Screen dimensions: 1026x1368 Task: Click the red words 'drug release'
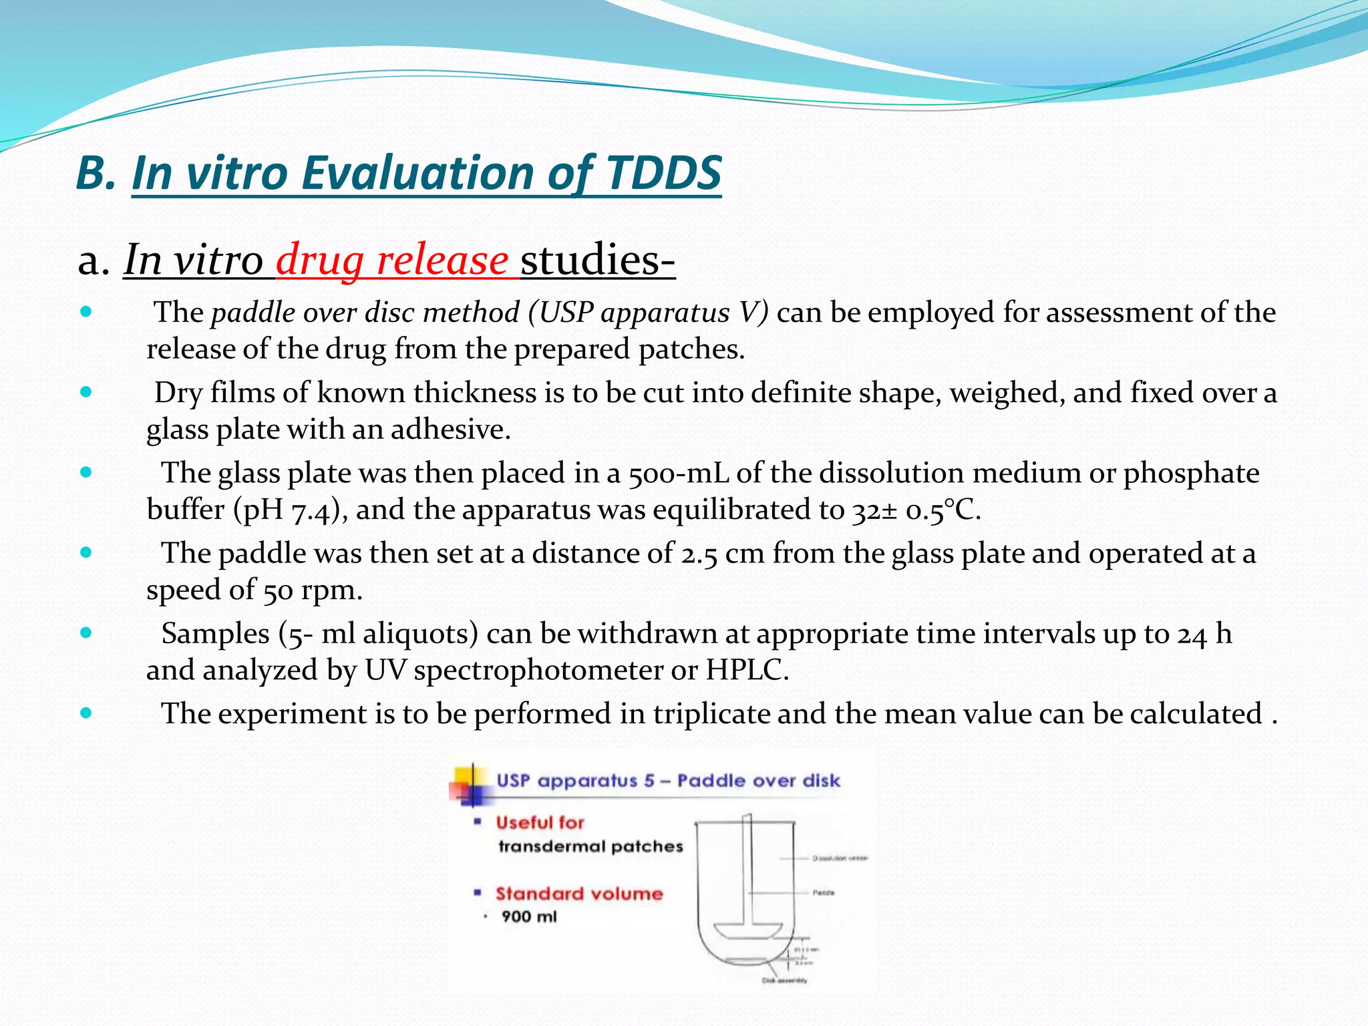[x=392, y=260]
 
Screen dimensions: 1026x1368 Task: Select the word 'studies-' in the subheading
[x=598, y=260]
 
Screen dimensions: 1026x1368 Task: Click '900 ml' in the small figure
[x=529, y=916]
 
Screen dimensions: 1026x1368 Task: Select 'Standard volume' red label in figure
[x=578, y=894]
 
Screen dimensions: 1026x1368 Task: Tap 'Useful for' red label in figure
[x=540, y=823]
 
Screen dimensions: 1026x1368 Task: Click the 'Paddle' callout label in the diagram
[x=823, y=893]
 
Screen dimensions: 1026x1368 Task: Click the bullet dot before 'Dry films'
[x=85, y=392]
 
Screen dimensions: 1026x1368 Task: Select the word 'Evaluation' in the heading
[x=418, y=173]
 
